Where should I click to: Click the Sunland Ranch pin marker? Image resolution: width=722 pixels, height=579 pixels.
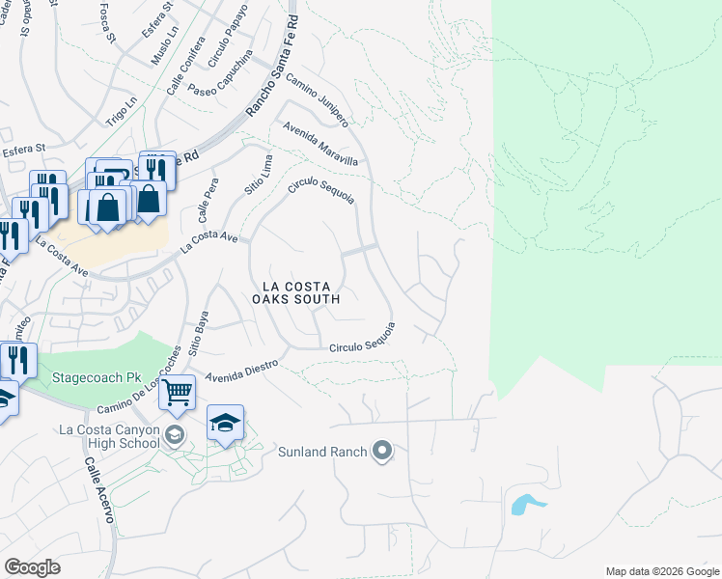[383, 451]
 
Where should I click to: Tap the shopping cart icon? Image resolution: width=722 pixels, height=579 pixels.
[177, 392]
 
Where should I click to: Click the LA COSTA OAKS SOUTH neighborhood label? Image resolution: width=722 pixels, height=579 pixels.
[296, 292]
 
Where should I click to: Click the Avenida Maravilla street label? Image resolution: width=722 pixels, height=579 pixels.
[320, 144]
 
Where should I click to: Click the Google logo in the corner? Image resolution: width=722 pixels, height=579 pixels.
[32, 567]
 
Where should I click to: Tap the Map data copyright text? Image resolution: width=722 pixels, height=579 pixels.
[661, 570]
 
